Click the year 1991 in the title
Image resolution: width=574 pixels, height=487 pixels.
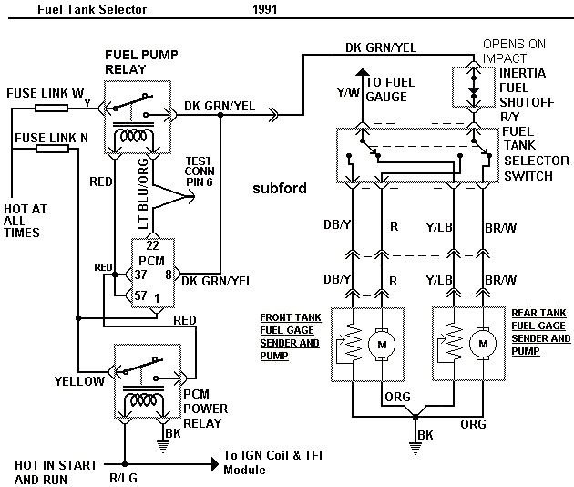[x=265, y=12]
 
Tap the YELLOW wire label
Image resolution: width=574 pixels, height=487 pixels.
[x=79, y=381]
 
